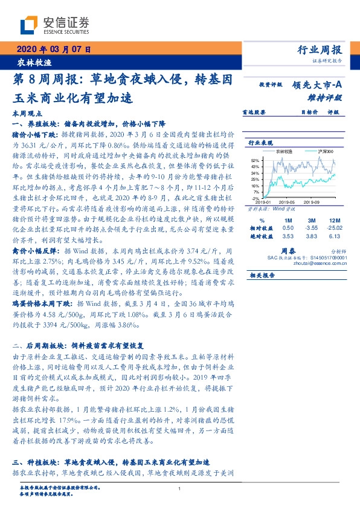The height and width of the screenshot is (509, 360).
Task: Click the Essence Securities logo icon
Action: tap(28, 25)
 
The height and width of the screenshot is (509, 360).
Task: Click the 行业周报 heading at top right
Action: tap(320, 50)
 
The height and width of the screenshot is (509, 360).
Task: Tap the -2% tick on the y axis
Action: tap(255, 198)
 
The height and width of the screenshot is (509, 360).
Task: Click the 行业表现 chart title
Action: tap(261, 143)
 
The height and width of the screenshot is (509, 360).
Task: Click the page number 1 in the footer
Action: tap(180, 488)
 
